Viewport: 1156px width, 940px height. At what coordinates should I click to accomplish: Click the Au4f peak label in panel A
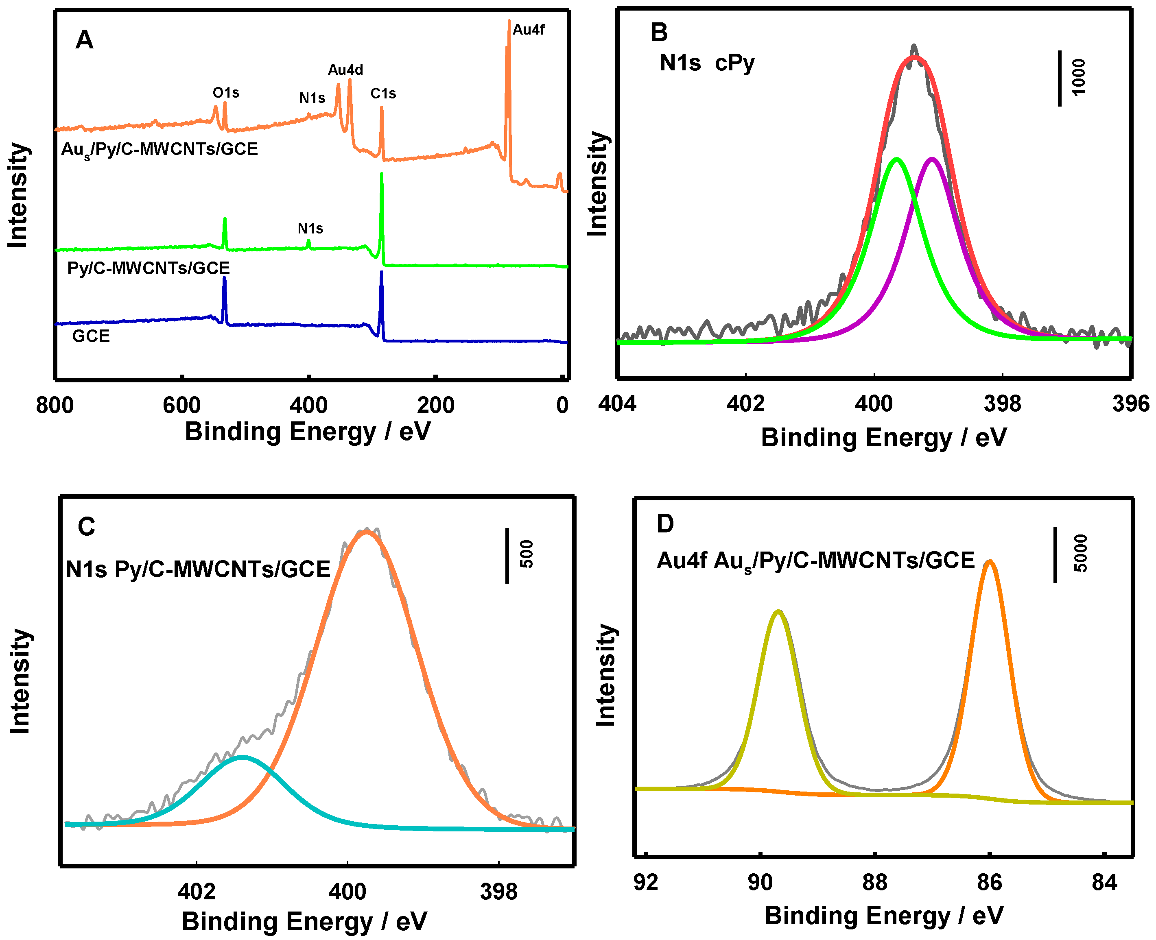[528, 30]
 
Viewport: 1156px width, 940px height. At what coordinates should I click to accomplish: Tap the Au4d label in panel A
[345, 70]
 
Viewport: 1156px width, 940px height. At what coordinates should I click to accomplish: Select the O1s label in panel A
[226, 93]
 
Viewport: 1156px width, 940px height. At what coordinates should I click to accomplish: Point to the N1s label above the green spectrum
[310, 229]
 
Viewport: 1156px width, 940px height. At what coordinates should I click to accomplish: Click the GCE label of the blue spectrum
[91, 336]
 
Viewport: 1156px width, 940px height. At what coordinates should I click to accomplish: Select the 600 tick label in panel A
[181, 405]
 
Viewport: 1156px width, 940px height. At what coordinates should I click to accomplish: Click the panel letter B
[659, 33]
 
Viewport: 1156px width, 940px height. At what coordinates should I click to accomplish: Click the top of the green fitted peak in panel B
[897, 159]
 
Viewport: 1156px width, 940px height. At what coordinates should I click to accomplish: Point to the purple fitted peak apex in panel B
[932, 159]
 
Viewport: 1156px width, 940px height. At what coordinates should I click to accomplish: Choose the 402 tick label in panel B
[745, 404]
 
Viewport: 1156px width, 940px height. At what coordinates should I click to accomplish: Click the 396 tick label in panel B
[1130, 404]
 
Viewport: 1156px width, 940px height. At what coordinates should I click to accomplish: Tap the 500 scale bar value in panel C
[527, 554]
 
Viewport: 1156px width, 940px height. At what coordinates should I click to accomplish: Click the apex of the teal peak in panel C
[242, 757]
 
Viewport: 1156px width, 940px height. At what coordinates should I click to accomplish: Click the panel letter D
[665, 523]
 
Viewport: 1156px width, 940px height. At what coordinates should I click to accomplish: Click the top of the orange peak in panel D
[990, 561]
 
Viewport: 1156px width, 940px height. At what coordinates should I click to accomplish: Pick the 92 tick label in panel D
[646, 883]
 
